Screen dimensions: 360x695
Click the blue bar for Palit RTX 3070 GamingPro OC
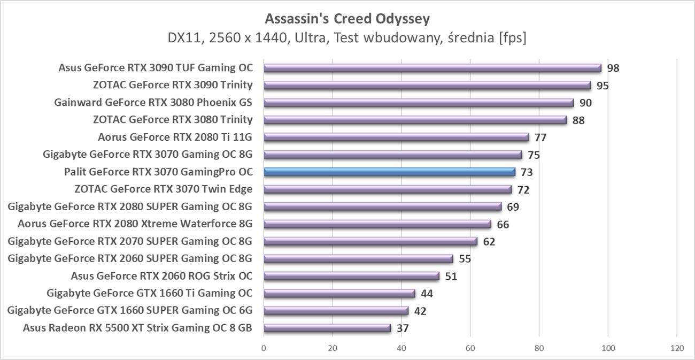pos(389,172)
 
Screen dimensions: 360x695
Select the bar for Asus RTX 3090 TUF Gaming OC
pos(432,68)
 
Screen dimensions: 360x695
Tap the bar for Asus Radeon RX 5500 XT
pos(327,328)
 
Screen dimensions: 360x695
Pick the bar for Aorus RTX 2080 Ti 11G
pos(396,137)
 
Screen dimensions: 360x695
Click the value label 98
pos(613,68)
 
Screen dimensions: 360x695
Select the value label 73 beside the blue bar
pos(527,172)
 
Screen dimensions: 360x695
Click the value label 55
pos(465,259)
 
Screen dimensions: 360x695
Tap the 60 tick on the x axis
pos(470,348)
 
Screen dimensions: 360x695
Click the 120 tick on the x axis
pos(677,348)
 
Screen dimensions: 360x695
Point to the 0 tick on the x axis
pos(264,348)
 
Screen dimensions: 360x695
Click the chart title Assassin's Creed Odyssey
pos(347,19)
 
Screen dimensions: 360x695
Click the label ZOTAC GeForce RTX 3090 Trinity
pos(172,85)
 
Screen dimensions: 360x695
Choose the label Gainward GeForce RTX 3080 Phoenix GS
pos(153,102)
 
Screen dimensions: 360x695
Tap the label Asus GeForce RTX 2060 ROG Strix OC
pos(161,276)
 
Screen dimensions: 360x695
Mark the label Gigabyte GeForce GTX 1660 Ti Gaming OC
pos(149,293)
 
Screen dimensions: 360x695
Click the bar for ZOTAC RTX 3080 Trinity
pos(415,120)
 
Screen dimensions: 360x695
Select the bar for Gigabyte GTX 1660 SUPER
pos(336,311)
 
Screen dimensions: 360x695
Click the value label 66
pos(503,224)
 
